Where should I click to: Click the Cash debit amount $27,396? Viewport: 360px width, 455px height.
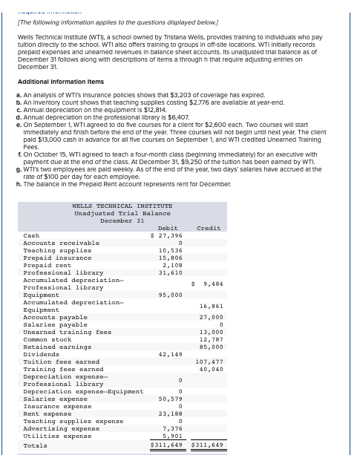(166, 235)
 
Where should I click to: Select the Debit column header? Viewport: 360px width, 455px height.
(168, 228)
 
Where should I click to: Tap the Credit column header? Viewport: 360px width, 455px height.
(209, 228)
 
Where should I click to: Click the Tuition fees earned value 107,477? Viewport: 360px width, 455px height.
(209, 361)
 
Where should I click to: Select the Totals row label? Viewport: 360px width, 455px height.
(35, 445)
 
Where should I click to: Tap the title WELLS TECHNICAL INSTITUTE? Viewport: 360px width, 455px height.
(122, 206)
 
